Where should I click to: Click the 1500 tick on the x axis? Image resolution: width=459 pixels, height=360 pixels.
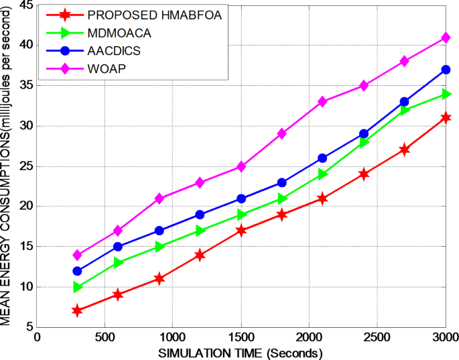click(241, 337)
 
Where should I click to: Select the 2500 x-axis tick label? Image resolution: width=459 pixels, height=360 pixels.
click(377, 337)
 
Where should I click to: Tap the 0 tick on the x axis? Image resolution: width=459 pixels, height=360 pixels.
click(38, 337)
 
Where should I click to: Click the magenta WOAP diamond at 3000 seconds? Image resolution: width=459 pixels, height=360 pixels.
click(445, 38)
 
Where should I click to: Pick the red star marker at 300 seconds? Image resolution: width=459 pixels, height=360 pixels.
click(78, 310)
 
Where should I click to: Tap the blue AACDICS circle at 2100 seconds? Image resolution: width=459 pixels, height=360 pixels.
click(322, 158)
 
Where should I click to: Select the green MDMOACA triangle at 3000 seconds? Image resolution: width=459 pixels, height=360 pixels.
click(445, 94)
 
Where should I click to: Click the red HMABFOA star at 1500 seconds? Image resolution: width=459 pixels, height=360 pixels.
click(241, 231)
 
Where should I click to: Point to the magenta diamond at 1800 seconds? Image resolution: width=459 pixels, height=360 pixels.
click(281, 133)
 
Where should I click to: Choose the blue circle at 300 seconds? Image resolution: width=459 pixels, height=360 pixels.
click(78, 271)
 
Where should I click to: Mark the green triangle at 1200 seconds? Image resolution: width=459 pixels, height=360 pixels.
click(200, 231)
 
